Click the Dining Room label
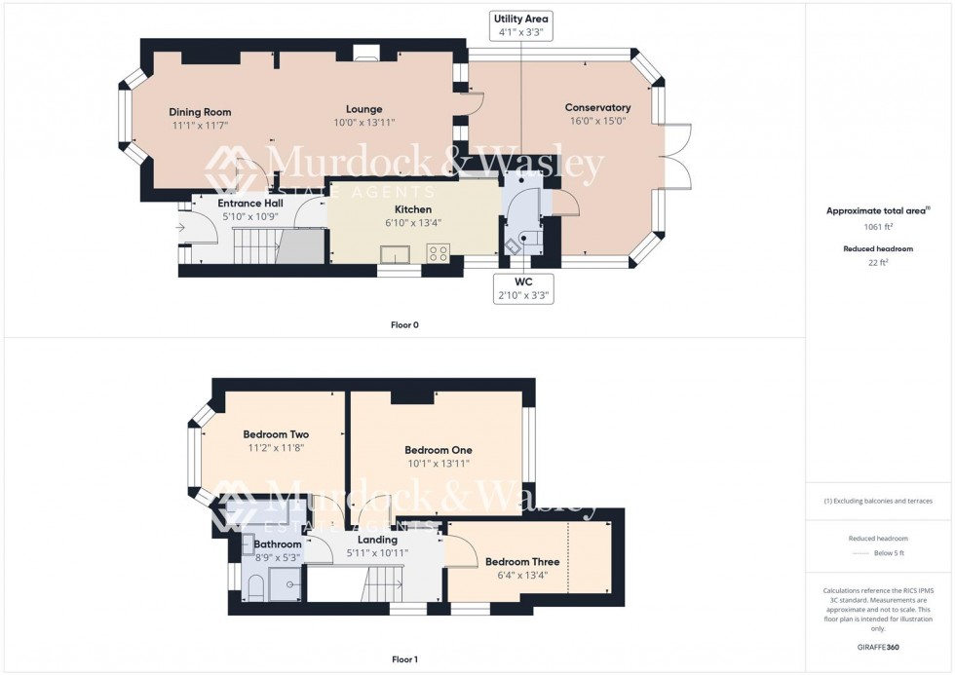point(200,112)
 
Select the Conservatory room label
point(597,108)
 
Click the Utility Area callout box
point(521,25)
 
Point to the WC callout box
point(523,288)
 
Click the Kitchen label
point(413,209)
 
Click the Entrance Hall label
point(250,203)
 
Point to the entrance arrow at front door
point(181,228)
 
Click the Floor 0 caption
point(403,324)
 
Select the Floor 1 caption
point(403,659)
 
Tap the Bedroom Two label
point(276,434)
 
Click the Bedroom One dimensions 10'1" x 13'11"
point(438,464)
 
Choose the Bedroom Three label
point(521,562)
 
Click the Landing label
point(377,540)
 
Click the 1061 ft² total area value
point(879,226)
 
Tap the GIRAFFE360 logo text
point(879,647)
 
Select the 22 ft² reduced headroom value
point(879,261)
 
